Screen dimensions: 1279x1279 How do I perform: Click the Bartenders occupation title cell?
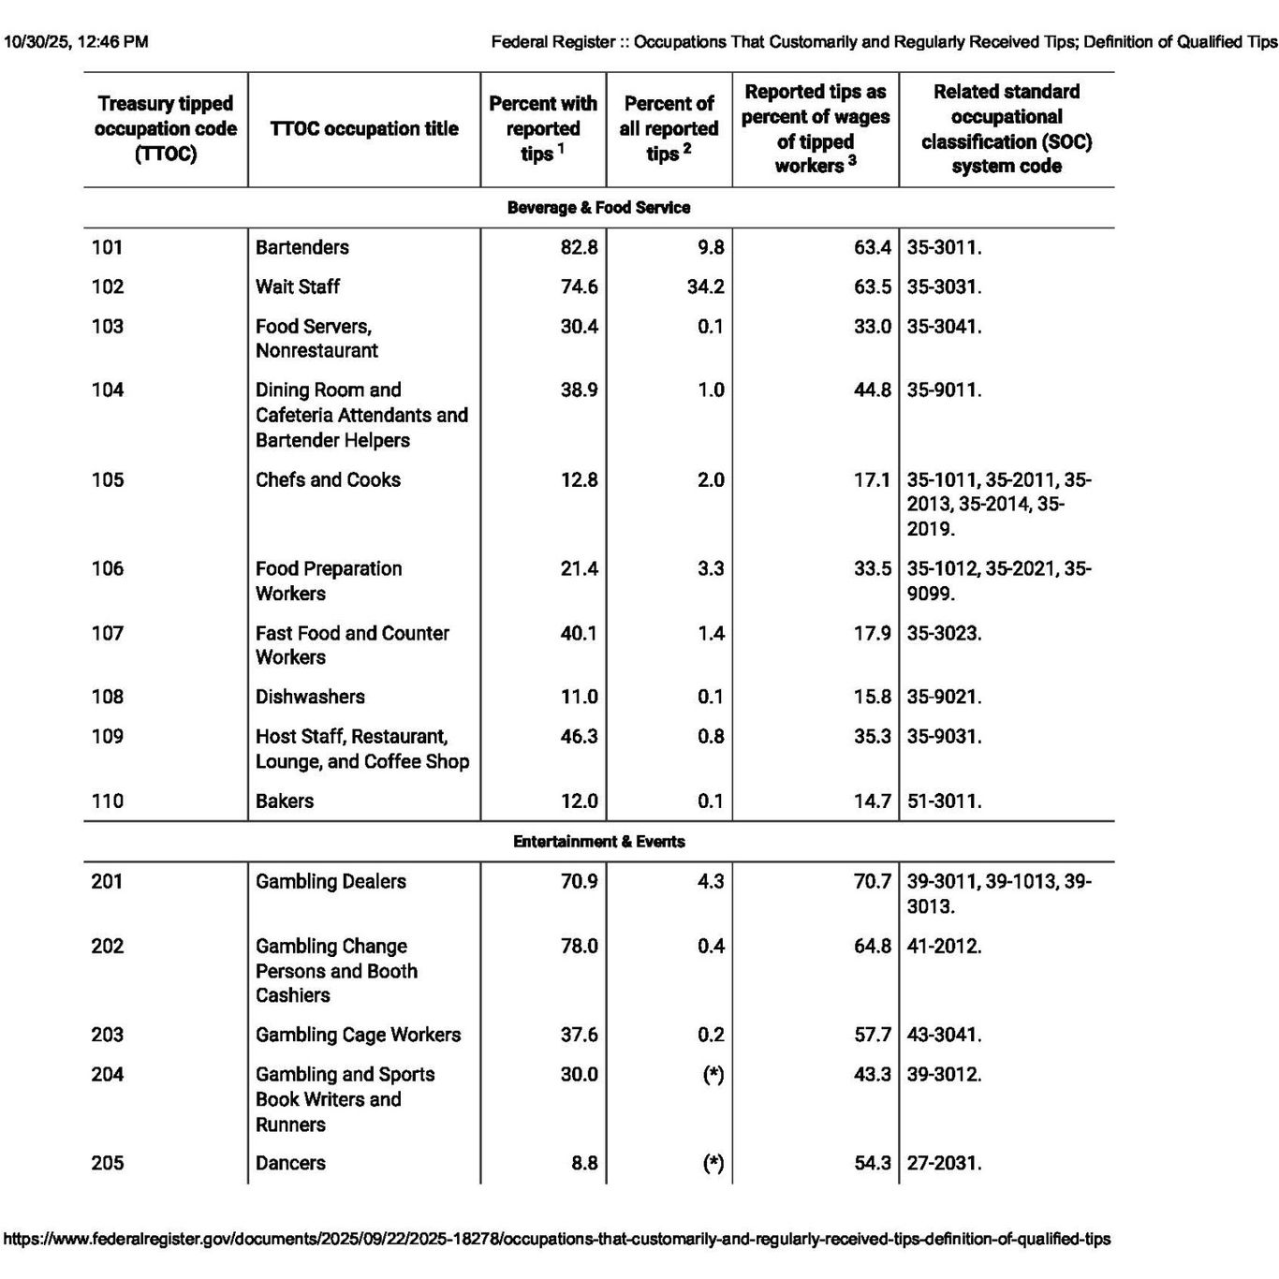point(301,247)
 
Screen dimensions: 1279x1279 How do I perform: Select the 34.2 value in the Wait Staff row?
point(705,287)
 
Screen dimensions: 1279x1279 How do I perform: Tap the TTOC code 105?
point(107,479)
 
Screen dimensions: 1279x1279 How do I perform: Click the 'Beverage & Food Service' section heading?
point(598,208)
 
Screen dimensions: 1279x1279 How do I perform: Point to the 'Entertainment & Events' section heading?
point(598,842)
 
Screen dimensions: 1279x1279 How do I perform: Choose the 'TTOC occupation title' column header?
point(364,129)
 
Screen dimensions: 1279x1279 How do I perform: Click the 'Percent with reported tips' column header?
point(543,129)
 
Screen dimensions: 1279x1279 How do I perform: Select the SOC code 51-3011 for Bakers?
point(944,801)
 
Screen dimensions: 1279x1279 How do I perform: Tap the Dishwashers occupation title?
point(310,697)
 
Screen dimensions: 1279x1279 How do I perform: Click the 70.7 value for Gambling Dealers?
point(873,881)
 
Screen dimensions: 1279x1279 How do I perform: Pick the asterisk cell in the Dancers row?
point(713,1163)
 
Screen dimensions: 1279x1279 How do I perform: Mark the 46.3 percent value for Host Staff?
point(579,736)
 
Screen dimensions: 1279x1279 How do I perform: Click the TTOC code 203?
point(107,1035)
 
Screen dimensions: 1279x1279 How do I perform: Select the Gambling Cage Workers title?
point(358,1035)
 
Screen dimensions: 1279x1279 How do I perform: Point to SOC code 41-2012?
point(944,946)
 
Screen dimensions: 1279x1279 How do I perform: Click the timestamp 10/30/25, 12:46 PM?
point(76,42)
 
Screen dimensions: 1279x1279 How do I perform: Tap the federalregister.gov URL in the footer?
point(557,1239)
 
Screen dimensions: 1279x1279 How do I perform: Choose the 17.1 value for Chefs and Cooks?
point(873,479)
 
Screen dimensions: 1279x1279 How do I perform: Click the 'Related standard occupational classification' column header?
point(1007,129)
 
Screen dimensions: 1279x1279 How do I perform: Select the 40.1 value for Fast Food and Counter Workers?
point(579,633)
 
